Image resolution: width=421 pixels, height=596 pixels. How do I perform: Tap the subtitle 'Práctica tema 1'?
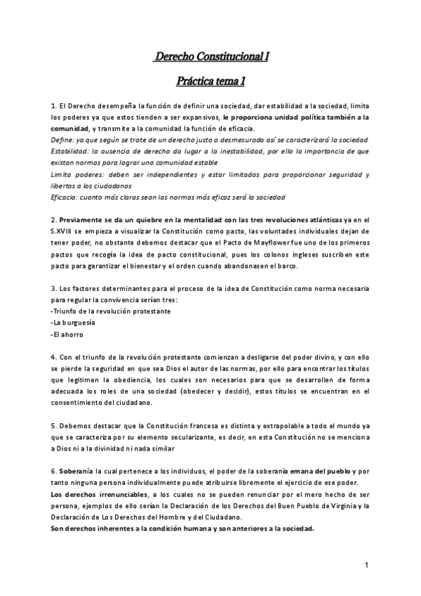[210, 82]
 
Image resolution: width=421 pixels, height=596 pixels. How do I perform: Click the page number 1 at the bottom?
[366, 564]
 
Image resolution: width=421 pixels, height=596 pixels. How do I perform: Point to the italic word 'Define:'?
[64, 139]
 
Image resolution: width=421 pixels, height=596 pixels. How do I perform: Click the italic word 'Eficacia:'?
[67, 197]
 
